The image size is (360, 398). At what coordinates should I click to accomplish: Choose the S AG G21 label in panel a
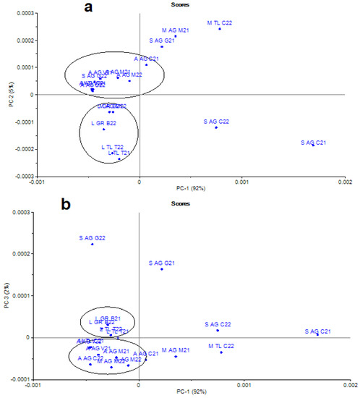click(x=162, y=41)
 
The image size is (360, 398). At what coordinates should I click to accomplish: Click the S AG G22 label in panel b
click(x=92, y=237)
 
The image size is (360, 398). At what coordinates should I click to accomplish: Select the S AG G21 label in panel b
click(x=161, y=263)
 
